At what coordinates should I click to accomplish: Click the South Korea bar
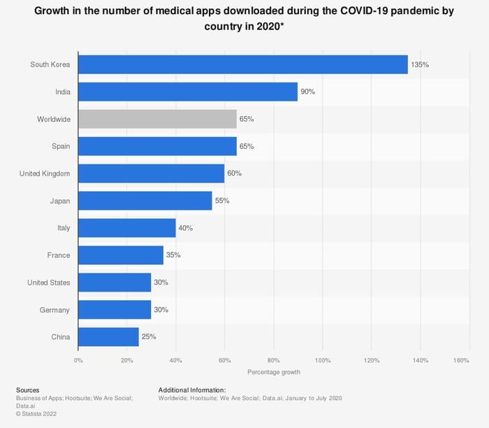click(242, 65)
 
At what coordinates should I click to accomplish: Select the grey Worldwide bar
click(157, 119)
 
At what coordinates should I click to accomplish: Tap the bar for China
click(108, 336)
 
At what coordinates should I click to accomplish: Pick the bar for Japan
click(145, 201)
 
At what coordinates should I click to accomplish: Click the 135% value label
click(420, 65)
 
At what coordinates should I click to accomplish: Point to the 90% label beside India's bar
click(307, 92)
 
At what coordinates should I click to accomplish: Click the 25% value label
click(149, 336)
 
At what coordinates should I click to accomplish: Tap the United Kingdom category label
click(45, 173)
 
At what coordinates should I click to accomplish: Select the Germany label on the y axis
click(54, 309)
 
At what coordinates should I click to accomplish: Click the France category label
click(59, 255)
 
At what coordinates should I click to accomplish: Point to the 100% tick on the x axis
click(323, 360)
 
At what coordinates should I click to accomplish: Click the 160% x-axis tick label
click(460, 360)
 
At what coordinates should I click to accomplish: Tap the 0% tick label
click(78, 360)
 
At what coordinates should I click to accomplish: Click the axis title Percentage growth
click(274, 372)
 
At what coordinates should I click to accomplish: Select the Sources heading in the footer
click(27, 390)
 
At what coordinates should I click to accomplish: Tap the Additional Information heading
click(192, 390)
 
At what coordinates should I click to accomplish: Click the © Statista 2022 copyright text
click(36, 413)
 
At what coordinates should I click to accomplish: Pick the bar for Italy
click(127, 228)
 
